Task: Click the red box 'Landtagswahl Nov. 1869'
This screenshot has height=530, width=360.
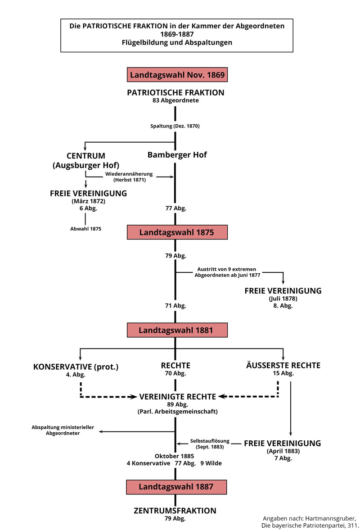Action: (177, 75)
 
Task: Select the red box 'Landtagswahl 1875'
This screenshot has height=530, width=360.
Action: (176, 232)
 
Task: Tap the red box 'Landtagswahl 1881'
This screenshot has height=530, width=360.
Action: (176, 330)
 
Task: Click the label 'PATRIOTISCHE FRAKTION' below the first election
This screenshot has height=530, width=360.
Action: (175, 93)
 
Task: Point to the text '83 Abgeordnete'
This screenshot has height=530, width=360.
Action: (175, 101)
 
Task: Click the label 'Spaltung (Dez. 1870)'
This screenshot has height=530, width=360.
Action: (175, 126)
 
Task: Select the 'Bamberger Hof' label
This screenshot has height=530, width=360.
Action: (177, 155)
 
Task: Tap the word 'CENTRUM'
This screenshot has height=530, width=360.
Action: (85, 156)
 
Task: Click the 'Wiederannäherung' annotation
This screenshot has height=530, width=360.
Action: (129, 174)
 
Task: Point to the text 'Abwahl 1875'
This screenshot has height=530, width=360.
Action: (85, 229)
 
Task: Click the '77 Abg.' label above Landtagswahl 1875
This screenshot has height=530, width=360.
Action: (175, 208)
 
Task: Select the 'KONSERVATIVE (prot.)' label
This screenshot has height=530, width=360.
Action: (76, 367)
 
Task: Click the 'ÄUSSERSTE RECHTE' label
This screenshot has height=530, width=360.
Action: (283, 366)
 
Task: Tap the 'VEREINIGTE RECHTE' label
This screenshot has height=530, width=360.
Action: (178, 397)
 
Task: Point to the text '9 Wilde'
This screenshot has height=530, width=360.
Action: (211, 463)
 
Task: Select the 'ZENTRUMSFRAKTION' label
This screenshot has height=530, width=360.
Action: (175, 511)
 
